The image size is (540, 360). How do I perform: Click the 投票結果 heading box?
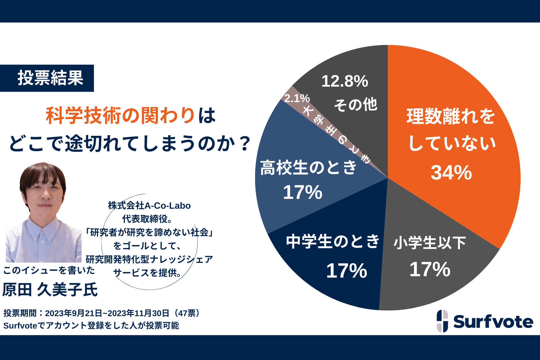pyautogui.click(x=47, y=78)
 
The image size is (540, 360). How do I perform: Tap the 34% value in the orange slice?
pyautogui.click(x=451, y=172)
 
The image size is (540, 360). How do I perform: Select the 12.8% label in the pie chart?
pyautogui.click(x=345, y=81)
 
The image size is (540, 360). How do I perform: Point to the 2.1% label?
pyautogui.click(x=297, y=98)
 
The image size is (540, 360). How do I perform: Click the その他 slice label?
pyautogui.click(x=355, y=104)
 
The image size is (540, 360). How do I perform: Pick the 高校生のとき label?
pyautogui.click(x=308, y=168)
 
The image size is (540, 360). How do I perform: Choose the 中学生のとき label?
pyautogui.click(x=333, y=241)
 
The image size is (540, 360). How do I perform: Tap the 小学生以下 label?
pyautogui.click(x=429, y=242)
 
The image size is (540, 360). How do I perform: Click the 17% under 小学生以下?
pyautogui.click(x=429, y=269)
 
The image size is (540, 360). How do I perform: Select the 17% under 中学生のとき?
pyautogui.click(x=346, y=271)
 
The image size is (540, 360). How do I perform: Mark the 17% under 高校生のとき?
pyautogui.click(x=302, y=192)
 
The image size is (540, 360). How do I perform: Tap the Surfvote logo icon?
pyautogui.click(x=442, y=321)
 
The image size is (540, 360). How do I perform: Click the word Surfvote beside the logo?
pyautogui.click(x=493, y=322)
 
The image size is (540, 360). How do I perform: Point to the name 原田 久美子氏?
pyautogui.click(x=50, y=290)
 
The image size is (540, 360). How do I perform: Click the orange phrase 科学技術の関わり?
pyautogui.click(x=120, y=116)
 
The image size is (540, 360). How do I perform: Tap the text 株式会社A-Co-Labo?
pyautogui.click(x=149, y=206)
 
